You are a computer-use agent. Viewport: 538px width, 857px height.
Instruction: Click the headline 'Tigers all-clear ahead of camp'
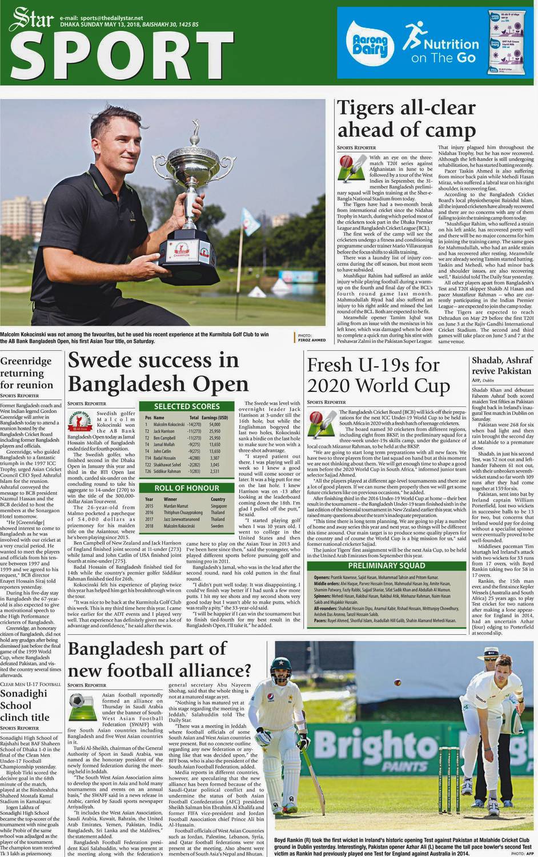(406, 119)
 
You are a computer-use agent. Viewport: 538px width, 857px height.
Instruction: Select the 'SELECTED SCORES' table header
(187, 406)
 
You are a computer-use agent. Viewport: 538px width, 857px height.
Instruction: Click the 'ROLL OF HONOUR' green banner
(187, 488)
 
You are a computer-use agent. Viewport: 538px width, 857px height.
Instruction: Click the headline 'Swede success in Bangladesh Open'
(158, 371)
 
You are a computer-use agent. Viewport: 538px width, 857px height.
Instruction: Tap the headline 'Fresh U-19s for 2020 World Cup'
(379, 375)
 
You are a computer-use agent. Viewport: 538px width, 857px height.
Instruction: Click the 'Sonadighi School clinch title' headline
(25, 705)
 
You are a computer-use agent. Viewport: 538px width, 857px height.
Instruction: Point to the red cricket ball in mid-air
(396, 682)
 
